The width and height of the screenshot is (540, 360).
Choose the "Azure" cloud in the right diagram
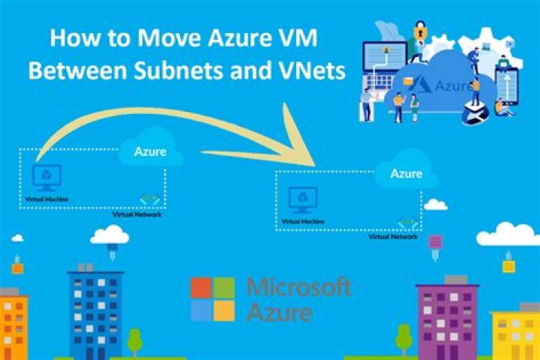tap(406, 174)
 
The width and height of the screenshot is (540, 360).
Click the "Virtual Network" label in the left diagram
tap(136, 214)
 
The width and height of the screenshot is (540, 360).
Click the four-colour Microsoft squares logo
tap(212, 298)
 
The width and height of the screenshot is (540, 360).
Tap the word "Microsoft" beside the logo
tap(298, 286)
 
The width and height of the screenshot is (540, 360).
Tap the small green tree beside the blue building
tap(135, 340)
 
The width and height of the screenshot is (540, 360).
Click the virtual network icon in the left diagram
tap(148, 199)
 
